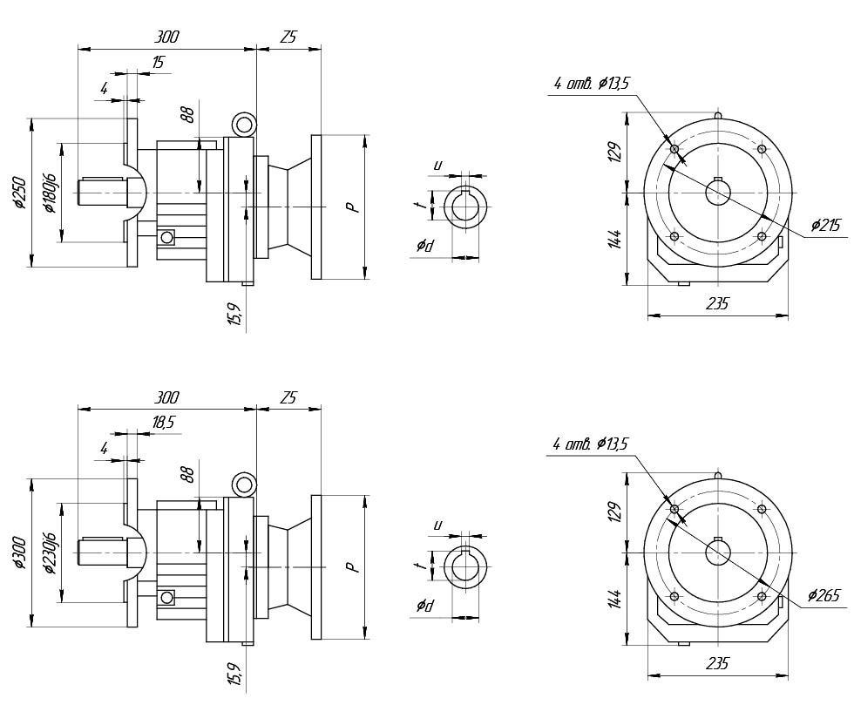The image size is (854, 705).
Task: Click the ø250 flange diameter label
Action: pos(19,193)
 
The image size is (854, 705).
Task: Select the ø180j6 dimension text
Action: pos(50,193)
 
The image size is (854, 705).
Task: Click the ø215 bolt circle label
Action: pos(824,226)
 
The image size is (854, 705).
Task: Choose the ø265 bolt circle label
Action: pos(823,596)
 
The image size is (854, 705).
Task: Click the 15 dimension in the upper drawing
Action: pos(158,63)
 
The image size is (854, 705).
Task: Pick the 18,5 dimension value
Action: pos(163,422)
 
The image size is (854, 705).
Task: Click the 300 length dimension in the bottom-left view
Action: pos(166,397)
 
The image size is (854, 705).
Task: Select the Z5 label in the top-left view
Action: pos(288,37)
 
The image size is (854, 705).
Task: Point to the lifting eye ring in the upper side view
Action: pos(245,124)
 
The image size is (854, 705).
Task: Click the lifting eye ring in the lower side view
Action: pos(245,483)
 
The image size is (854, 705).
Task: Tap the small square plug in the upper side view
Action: pos(166,237)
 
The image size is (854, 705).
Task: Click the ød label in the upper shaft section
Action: pos(425,246)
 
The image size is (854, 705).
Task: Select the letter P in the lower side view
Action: pos(351,567)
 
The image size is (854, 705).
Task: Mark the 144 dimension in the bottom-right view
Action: pos(614,600)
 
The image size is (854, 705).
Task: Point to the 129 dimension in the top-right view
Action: pos(614,153)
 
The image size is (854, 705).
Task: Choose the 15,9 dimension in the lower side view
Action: pos(234,673)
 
